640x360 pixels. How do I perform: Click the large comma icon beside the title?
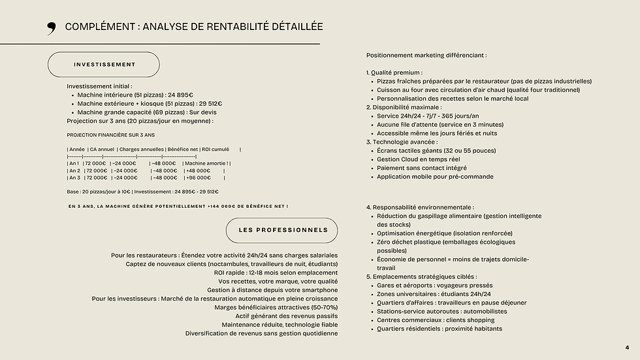click(x=52, y=27)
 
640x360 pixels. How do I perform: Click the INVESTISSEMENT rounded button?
click(x=104, y=65)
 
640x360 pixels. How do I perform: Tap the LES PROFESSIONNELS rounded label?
click(x=282, y=231)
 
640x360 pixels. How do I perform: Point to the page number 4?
click(x=628, y=348)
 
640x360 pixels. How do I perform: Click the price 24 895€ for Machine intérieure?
click(x=180, y=95)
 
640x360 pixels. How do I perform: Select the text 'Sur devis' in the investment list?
click(x=203, y=112)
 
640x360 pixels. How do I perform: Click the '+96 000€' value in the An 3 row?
click(x=198, y=178)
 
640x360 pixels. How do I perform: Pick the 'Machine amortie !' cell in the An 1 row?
click(x=206, y=163)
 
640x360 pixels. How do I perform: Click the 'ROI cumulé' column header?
click(x=216, y=149)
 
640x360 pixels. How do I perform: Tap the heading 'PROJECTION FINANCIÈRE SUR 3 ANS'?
click(x=110, y=135)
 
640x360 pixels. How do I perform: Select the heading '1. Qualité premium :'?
click(x=394, y=73)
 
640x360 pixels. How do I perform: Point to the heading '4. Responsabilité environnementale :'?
click(x=420, y=207)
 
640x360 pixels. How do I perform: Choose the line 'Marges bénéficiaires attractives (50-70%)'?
click(x=276, y=308)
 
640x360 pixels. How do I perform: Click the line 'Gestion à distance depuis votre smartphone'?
click(x=272, y=290)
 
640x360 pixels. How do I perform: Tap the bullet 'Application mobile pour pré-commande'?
click(x=436, y=176)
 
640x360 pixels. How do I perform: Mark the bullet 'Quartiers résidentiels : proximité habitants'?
click(x=440, y=329)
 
